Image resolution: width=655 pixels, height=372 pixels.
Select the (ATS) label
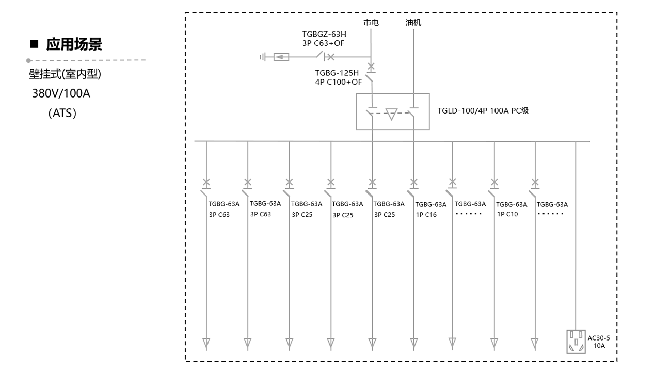tap(62, 112)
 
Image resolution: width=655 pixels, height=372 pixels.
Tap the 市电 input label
tap(372, 24)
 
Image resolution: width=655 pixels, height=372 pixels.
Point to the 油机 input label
tap(414, 24)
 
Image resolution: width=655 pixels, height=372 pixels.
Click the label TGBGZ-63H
tap(324, 35)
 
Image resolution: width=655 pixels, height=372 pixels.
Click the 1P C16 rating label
tap(426, 215)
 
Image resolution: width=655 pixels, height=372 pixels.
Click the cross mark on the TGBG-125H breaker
tap(372, 67)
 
